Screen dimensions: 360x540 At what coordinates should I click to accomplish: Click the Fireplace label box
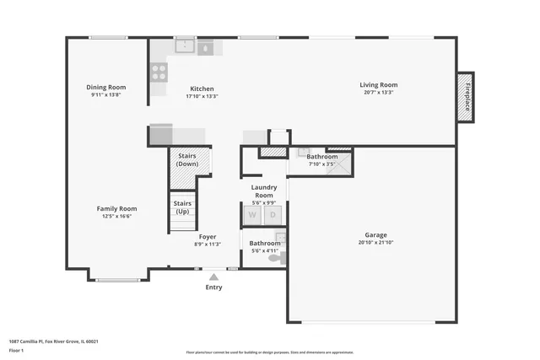pos(465,97)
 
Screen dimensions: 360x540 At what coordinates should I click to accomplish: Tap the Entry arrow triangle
pos(214,276)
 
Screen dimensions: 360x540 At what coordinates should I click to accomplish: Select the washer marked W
pos(251,215)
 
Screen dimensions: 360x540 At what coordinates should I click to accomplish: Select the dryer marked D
pos(273,215)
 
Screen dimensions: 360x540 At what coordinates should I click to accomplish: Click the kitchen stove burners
pos(159,72)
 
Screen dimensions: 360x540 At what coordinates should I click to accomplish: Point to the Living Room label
pos(378,84)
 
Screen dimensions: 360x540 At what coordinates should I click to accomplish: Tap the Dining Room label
pos(106,87)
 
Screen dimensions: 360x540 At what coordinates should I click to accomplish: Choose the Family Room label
pos(116,208)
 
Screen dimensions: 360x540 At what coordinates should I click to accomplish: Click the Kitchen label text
pos(202,89)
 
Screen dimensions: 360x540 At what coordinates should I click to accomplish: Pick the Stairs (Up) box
pos(182,207)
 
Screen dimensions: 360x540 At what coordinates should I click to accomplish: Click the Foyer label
pos(208,237)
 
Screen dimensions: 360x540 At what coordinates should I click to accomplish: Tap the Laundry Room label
pos(264,191)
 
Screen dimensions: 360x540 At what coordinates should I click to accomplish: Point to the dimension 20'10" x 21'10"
pos(375,243)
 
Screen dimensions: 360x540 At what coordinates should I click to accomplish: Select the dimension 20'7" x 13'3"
pos(378,93)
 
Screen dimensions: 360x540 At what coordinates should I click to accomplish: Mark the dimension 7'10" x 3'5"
pos(321,164)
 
